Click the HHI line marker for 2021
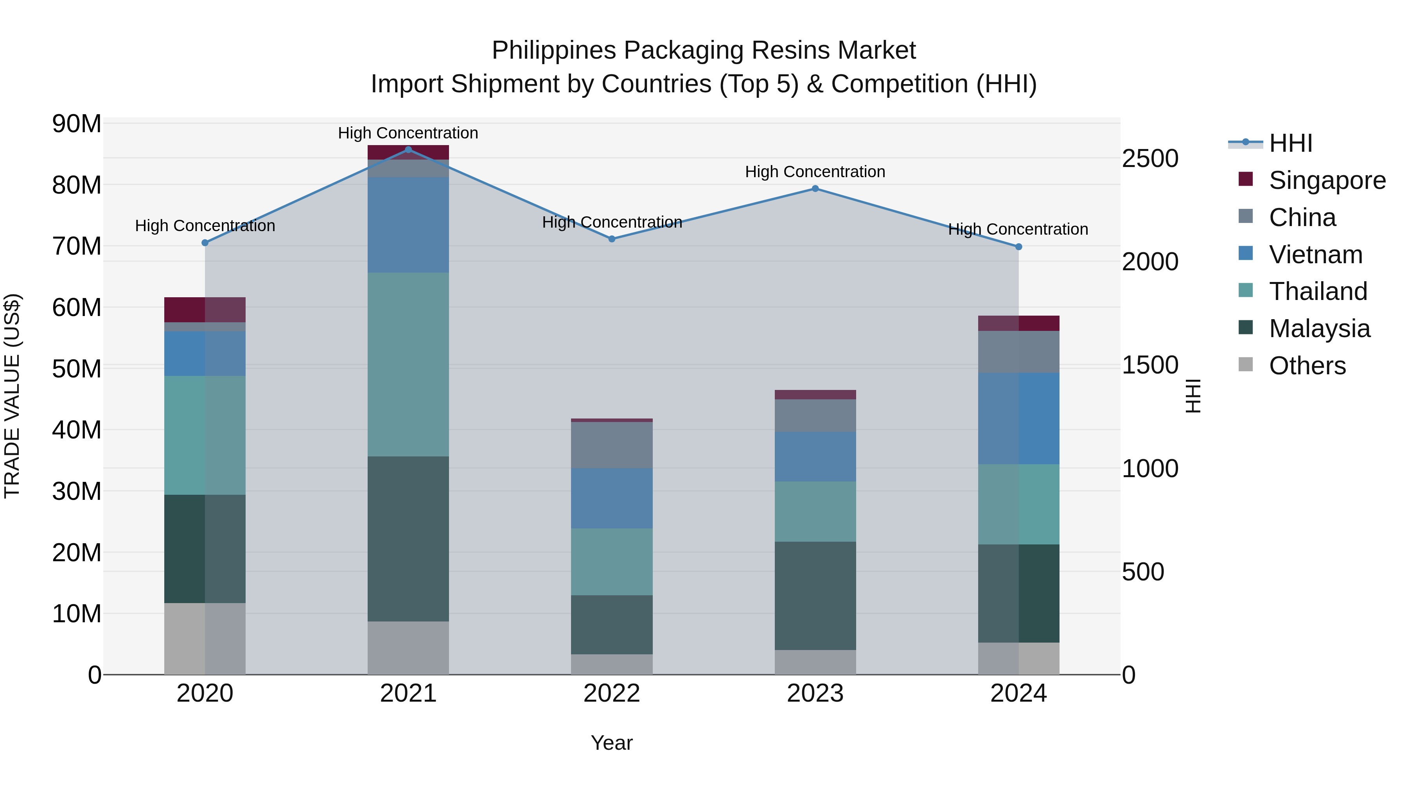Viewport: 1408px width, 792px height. pyautogui.click(x=408, y=149)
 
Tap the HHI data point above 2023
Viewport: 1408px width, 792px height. pyautogui.click(x=815, y=189)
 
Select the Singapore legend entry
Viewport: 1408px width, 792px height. pyautogui.click(x=1327, y=180)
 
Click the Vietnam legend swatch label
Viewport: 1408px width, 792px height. pyautogui.click(x=1316, y=255)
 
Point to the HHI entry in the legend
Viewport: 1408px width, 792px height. pyautogui.click(x=1291, y=143)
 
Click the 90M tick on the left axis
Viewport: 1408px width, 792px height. pyautogui.click(x=77, y=124)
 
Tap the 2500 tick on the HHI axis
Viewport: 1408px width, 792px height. pyautogui.click(x=1150, y=158)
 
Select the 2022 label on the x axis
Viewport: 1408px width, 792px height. pyautogui.click(x=612, y=693)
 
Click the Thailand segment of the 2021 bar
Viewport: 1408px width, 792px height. pyautogui.click(x=408, y=364)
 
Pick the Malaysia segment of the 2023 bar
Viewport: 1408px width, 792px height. pyautogui.click(x=815, y=595)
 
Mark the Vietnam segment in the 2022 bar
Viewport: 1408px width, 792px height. pyautogui.click(x=612, y=497)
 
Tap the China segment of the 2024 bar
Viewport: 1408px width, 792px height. pyautogui.click(x=1018, y=352)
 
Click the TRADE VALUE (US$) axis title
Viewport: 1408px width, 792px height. pyautogui.click(x=12, y=396)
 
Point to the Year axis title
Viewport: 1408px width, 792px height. pyautogui.click(x=612, y=743)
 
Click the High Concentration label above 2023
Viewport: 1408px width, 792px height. pyautogui.click(x=815, y=172)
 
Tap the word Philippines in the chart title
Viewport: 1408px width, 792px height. pyautogui.click(x=554, y=50)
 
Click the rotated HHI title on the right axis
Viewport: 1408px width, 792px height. pyautogui.click(x=1193, y=396)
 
